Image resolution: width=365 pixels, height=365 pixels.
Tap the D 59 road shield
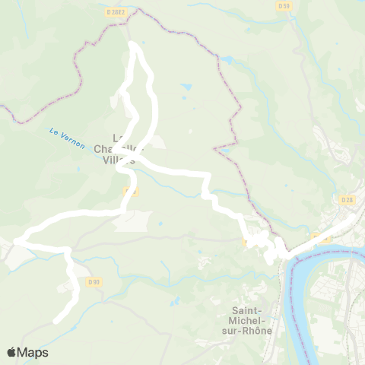pos(284,6)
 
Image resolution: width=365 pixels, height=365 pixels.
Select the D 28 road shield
pos(348,199)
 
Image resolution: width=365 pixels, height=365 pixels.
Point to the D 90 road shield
pos(94,282)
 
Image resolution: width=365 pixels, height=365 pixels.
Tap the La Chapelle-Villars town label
pos(122,149)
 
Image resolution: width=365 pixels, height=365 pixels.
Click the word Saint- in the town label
pos(249,310)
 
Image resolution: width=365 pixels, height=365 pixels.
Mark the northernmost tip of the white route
pos(135,45)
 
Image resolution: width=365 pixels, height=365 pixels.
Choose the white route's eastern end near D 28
pos(351,217)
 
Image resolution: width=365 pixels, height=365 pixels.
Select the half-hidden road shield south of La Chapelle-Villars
pos(130,192)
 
